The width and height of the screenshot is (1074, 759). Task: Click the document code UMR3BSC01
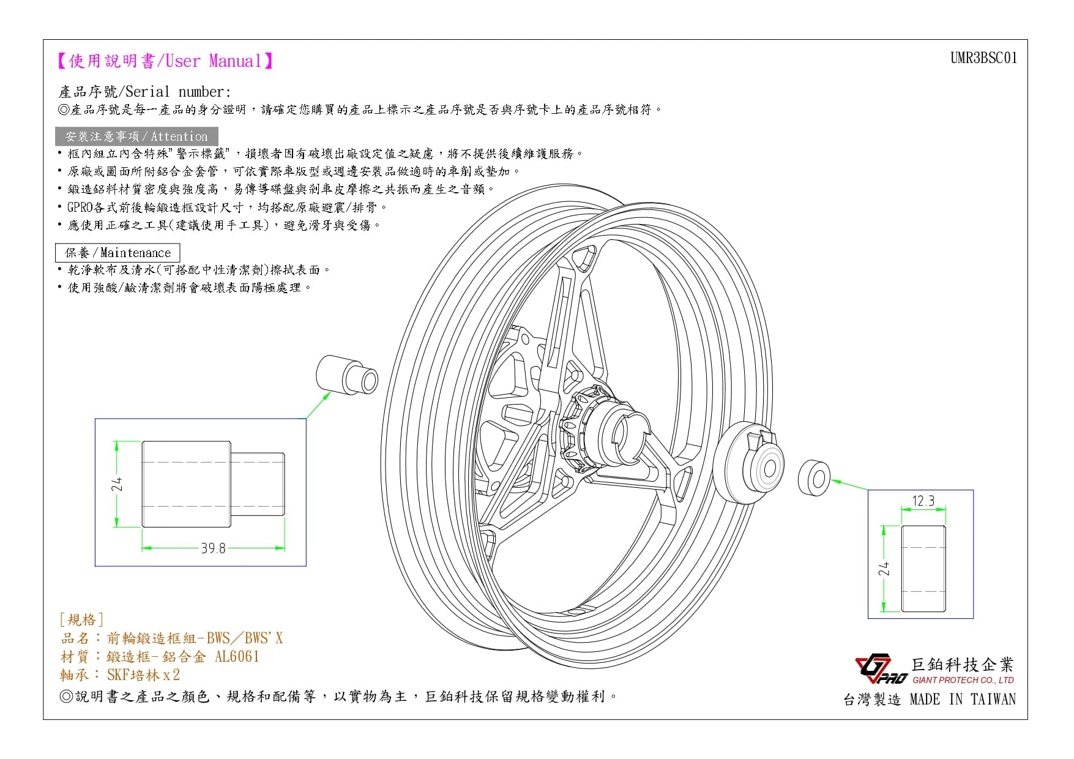(983, 58)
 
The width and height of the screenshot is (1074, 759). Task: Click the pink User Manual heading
(165, 61)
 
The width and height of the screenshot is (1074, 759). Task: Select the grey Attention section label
(136, 136)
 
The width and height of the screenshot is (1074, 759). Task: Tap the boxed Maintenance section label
(117, 253)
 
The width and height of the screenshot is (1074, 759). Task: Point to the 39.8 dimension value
(213, 548)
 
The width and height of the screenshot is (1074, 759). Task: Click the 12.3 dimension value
(923, 501)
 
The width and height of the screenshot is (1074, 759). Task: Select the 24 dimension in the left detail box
(117, 484)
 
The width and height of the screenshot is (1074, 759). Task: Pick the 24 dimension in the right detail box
(884, 569)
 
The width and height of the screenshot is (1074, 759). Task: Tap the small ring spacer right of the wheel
(815, 478)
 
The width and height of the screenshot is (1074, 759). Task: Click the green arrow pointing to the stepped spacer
(318, 405)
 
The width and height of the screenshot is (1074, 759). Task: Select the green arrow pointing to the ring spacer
(849, 484)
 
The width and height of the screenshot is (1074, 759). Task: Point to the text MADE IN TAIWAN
(963, 700)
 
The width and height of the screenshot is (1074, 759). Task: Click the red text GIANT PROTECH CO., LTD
(963, 680)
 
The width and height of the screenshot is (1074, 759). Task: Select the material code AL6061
(237, 657)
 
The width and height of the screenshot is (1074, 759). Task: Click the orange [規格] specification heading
(81, 620)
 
